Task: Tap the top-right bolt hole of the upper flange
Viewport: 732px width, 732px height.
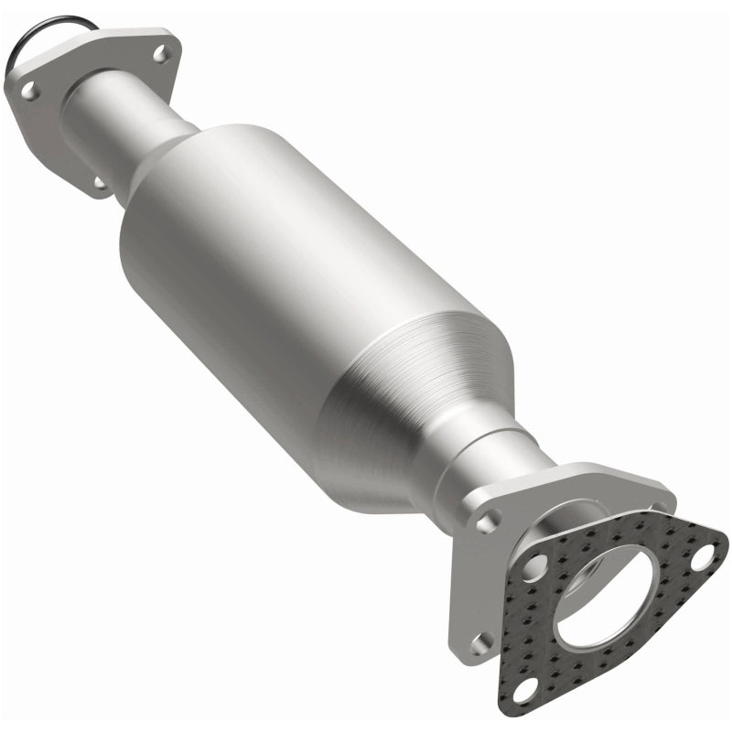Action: click(x=162, y=53)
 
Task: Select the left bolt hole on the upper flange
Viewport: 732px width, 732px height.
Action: click(x=29, y=90)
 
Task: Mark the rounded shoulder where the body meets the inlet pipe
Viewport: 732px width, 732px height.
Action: click(x=174, y=156)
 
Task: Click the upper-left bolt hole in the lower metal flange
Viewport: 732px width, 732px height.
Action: click(x=488, y=522)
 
